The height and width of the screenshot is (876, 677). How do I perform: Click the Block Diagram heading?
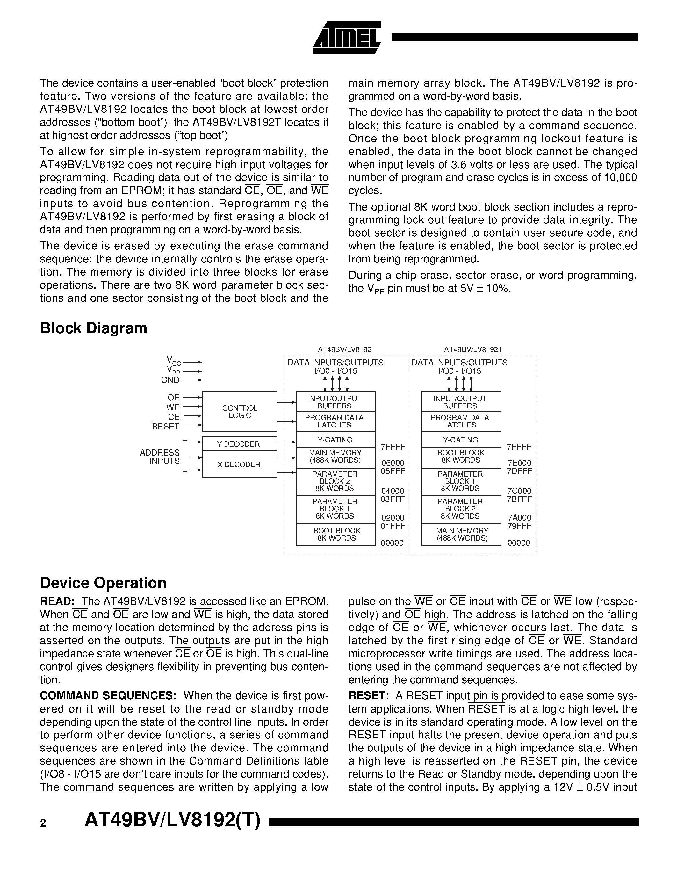pos(93,328)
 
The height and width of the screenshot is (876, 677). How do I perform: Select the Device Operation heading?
pos(103,583)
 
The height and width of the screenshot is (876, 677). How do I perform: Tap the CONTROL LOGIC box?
pos(240,412)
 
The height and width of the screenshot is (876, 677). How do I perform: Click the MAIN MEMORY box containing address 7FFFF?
pos(335,456)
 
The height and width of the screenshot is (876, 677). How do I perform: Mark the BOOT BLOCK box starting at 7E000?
pos(461,456)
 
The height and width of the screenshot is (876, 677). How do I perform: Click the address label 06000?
pos(393,463)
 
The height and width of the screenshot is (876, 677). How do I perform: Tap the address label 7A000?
pos(519,518)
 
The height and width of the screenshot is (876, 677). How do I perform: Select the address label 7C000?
pos(519,491)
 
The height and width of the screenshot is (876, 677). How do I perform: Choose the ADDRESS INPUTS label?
pos(160,457)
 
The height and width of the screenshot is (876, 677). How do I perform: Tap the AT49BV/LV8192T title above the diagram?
pos(473,350)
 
